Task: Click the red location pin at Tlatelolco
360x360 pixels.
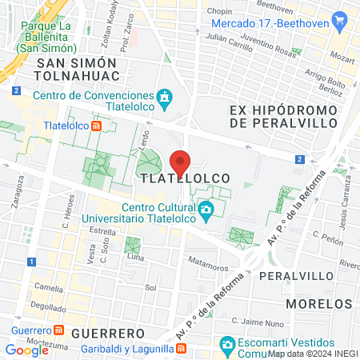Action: click(x=180, y=162)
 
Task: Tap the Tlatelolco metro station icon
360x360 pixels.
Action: click(x=96, y=126)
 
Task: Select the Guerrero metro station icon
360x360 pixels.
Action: click(x=58, y=331)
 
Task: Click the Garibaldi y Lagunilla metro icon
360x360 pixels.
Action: click(x=182, y=349)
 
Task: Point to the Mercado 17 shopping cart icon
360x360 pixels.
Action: click(x=340, y=19)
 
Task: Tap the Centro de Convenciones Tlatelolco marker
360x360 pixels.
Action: click(x=166, y=98)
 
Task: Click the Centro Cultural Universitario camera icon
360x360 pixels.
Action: click(x=206, y=212)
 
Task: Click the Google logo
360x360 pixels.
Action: click(x=26, y=350)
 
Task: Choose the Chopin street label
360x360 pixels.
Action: click(x=219, y=12)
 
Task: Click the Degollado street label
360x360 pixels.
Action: click(x=26, y=307)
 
